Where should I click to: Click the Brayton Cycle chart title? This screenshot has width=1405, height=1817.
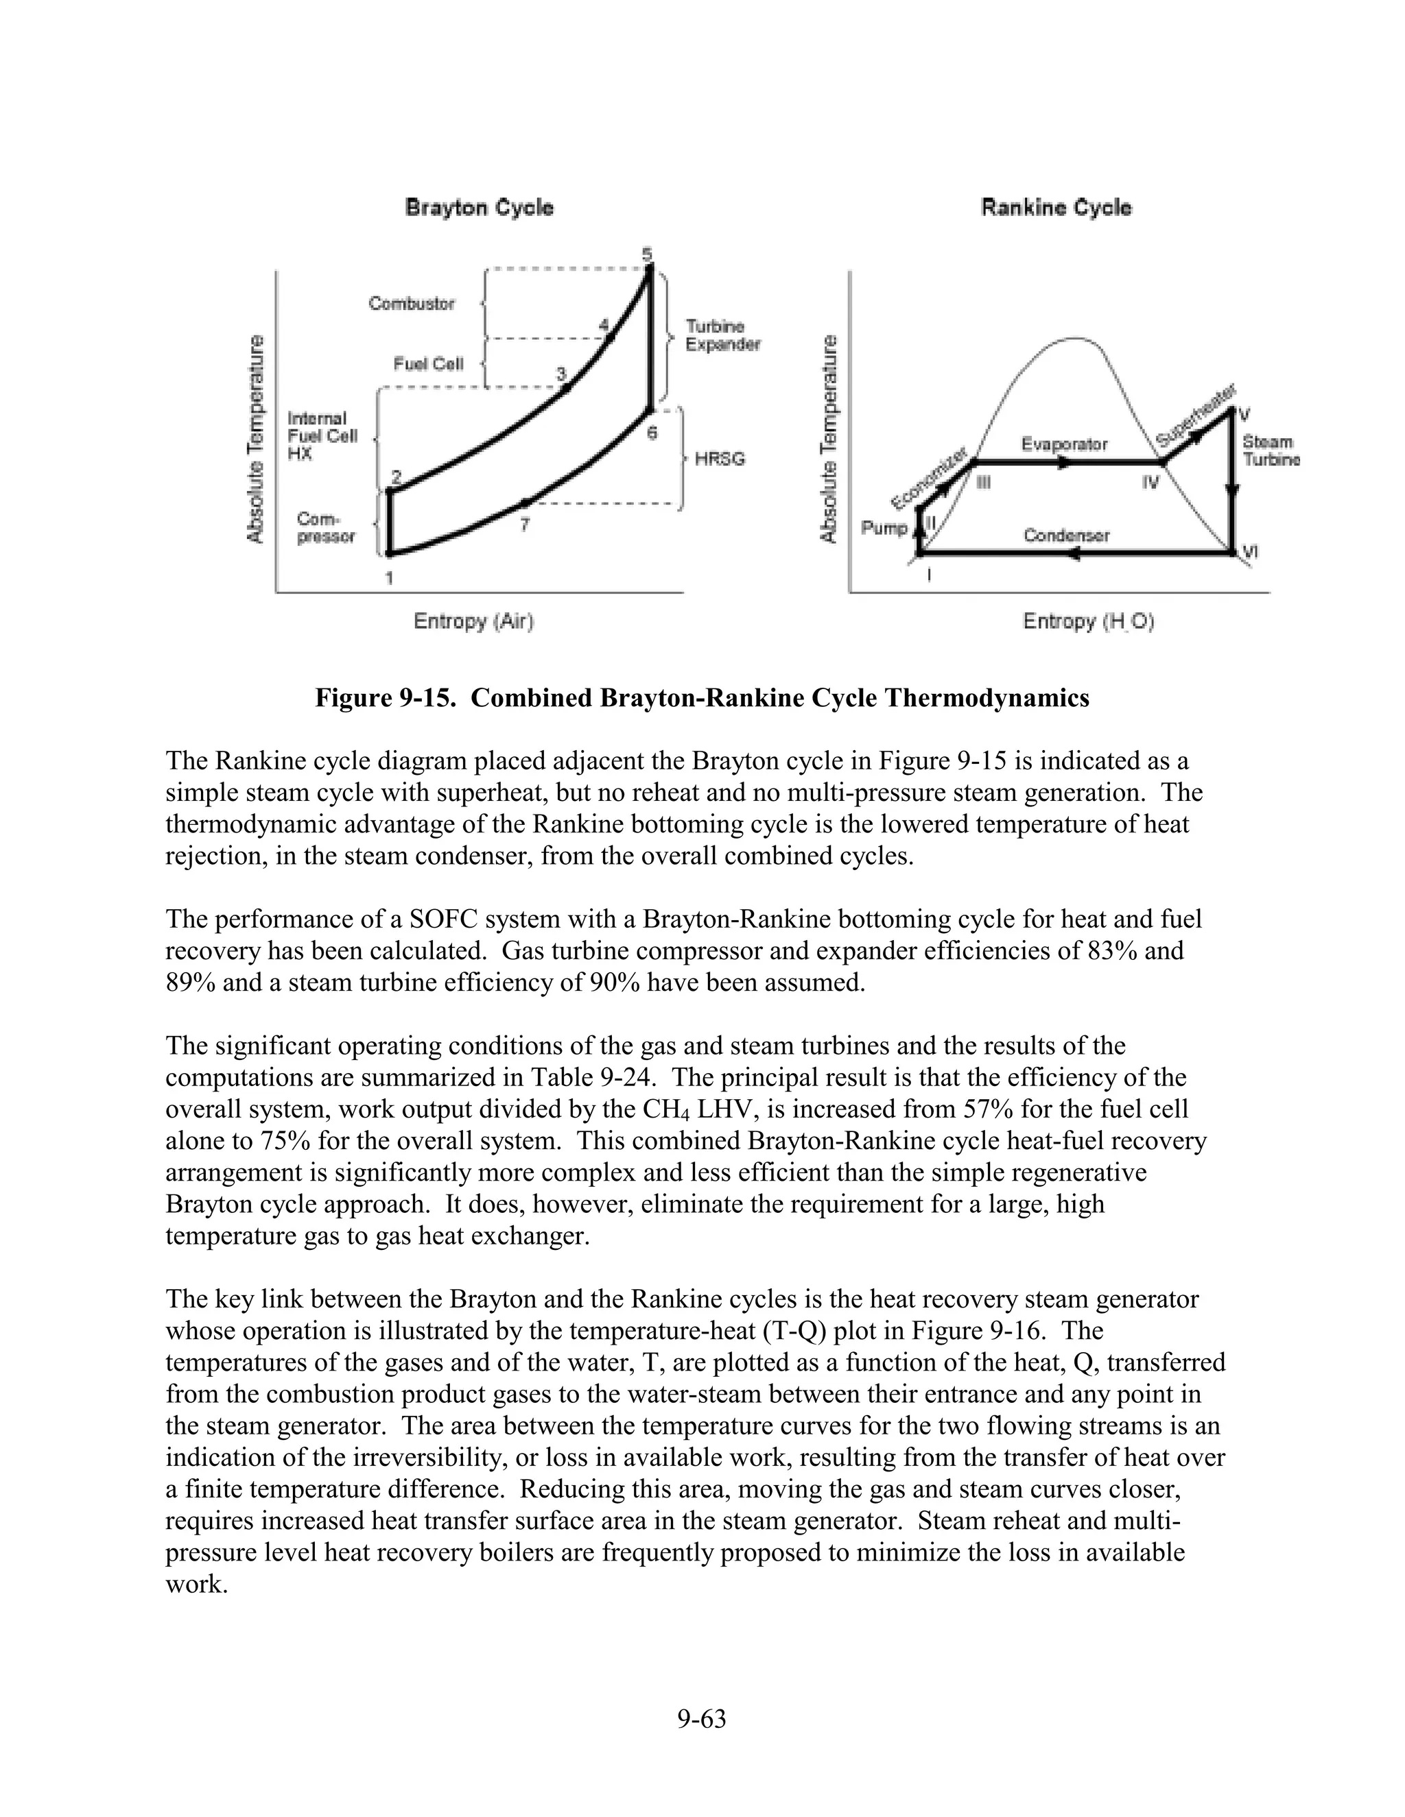[x=479, y=207]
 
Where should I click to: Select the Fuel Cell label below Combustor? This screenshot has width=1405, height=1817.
[x=428, y=363]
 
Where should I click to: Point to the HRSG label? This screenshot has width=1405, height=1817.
[x=719, y=459]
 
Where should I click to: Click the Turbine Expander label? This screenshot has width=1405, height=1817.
[x=722, y=335]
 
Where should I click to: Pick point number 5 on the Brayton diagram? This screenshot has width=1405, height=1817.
[x=648, y=253]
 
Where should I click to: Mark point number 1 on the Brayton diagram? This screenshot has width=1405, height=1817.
[x=389, y=577]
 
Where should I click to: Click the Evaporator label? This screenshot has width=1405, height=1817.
[x=1064, y=444]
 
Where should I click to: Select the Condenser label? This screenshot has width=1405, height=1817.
[x=1066, y=535]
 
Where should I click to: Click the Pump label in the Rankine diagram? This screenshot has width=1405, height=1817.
[x=883, y=527]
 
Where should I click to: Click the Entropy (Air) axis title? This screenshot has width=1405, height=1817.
[x=473, y=621]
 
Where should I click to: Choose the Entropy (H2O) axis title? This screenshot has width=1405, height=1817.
[x=1088, y=621]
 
